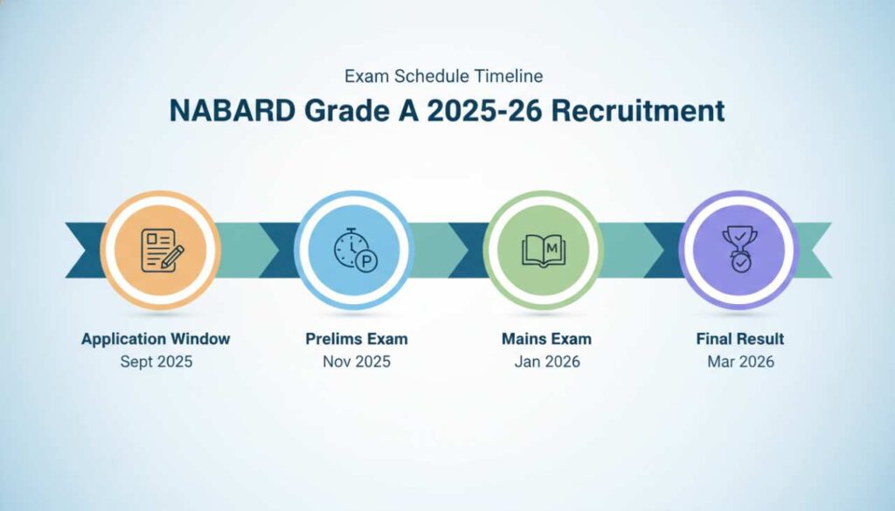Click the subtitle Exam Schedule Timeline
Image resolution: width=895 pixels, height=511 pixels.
447,76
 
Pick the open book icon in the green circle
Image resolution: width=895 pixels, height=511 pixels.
544,250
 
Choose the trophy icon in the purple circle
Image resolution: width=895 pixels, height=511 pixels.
739,250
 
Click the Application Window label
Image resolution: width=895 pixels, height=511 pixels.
156,339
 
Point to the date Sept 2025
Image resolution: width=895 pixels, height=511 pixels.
156,362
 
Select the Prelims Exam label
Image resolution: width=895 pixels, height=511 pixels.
357,339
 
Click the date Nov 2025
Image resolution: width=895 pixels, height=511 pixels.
357,362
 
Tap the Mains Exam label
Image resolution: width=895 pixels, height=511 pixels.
547,339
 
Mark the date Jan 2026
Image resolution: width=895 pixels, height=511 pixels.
547,362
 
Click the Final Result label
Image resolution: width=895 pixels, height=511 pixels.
739,339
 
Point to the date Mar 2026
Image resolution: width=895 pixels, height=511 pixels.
739,362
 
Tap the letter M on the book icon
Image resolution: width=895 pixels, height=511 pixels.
552,247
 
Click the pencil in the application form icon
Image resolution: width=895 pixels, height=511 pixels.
173,257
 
